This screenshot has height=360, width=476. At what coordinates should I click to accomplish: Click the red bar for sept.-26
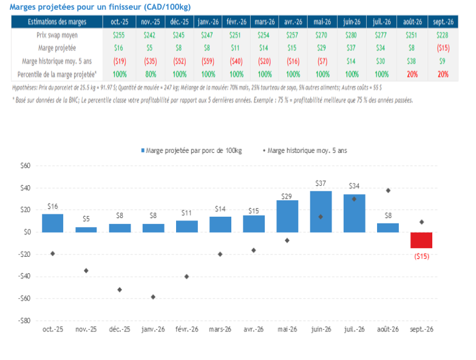[421, 240]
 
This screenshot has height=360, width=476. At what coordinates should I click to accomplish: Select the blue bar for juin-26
[321, 211]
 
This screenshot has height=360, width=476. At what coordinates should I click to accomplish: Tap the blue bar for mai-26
[287, 216]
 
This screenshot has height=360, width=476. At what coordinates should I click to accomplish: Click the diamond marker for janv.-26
[153, 297]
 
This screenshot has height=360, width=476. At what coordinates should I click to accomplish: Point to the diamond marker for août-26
[388, 191]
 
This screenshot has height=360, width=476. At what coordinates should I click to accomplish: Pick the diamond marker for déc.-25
[120, 290]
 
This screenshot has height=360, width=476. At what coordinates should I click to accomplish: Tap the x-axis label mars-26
[220, 330]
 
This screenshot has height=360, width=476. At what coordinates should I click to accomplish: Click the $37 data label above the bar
[321, 183]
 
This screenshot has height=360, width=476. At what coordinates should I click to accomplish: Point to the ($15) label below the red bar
[421, 256]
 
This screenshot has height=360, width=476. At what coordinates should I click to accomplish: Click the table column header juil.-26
[381, 22]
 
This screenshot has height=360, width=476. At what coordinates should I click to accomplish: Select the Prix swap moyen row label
[57, 35]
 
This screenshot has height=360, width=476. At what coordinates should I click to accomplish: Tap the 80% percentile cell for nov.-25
[147, 74]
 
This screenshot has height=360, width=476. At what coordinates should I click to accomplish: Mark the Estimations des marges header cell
[57, 22]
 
